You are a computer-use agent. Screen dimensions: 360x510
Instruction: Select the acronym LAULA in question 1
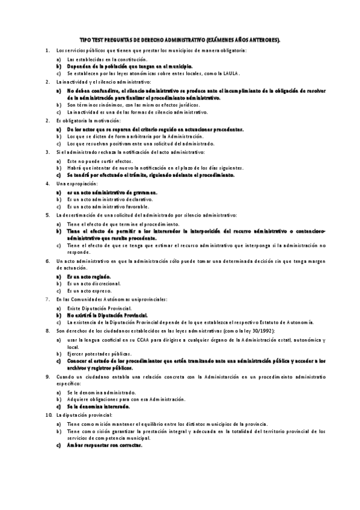point(231,73)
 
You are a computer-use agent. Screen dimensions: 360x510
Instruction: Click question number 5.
point(47,215)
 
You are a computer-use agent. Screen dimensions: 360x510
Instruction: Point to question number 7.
point(47,299)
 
